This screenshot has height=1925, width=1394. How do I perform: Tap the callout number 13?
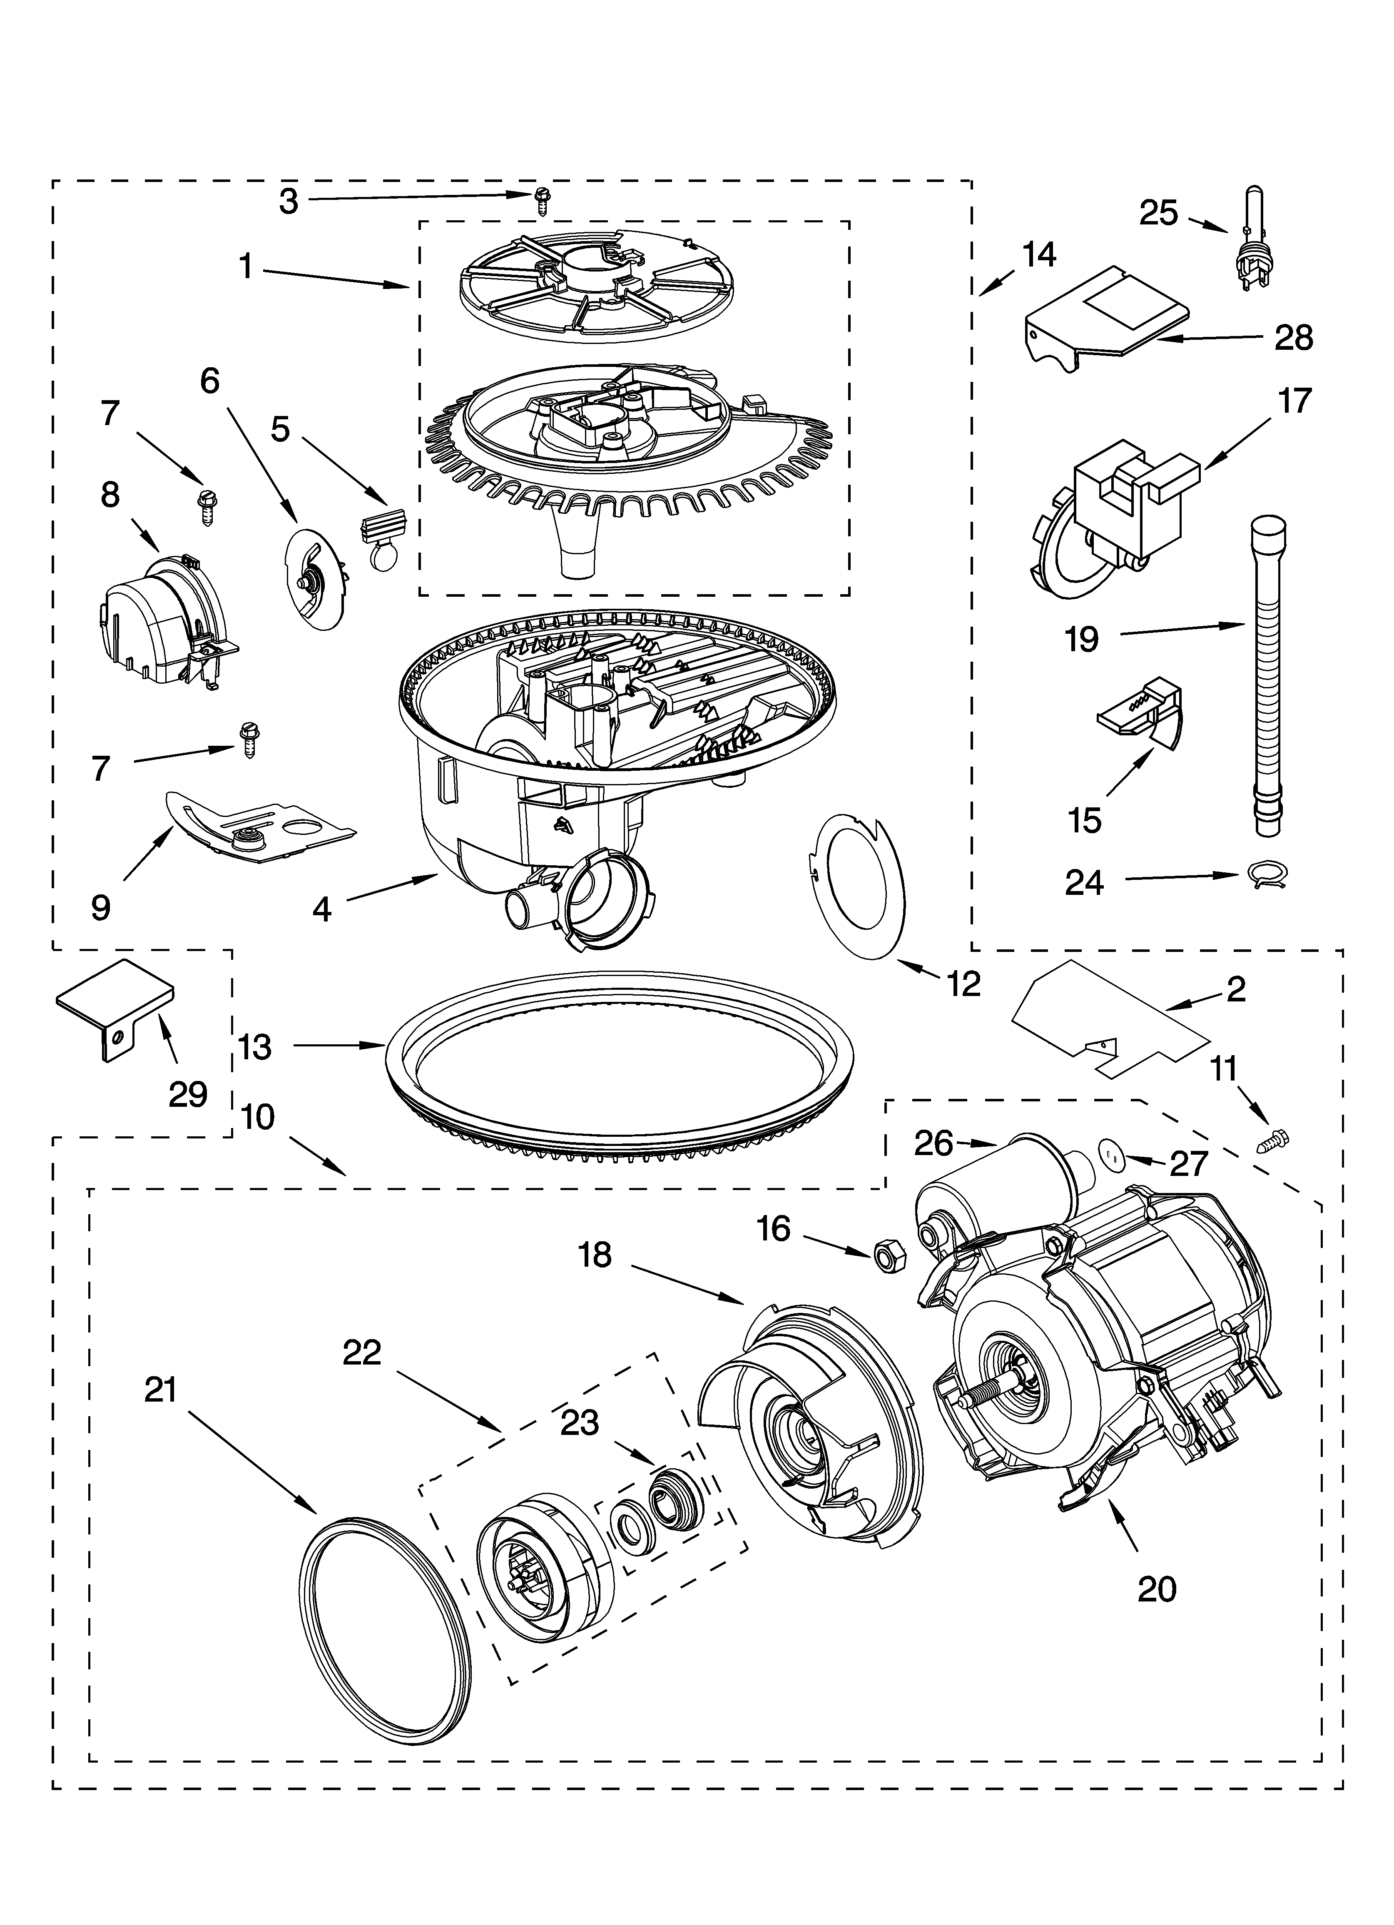point(255,1046)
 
